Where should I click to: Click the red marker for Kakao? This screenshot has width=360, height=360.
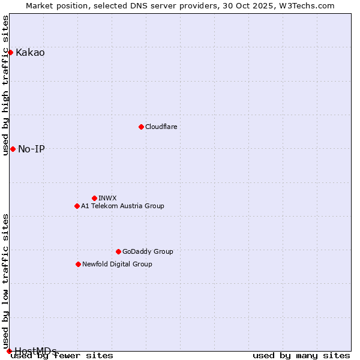10,52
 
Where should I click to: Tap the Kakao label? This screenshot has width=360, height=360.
30,53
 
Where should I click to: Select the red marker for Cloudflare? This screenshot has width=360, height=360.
141,127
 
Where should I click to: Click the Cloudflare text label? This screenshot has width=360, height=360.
161,127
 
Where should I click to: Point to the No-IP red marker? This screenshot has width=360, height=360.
13,149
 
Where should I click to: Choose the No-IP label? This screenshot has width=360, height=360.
31,149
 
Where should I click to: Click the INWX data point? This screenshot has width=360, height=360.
94,198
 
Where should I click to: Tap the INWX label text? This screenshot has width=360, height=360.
107,199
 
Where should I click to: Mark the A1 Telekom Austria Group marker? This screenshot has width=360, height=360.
77,206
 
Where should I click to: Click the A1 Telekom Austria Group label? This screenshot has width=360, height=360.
122,206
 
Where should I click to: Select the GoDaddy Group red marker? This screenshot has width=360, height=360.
118,251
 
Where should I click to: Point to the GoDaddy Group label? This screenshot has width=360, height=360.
148,252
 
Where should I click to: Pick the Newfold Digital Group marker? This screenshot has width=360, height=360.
78,264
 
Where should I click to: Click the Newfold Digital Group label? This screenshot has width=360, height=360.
117,265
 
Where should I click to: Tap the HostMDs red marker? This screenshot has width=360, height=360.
9,351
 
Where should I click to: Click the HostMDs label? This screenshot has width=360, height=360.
35,351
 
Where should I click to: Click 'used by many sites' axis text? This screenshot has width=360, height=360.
301,356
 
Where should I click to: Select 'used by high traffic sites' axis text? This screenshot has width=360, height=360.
6,85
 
